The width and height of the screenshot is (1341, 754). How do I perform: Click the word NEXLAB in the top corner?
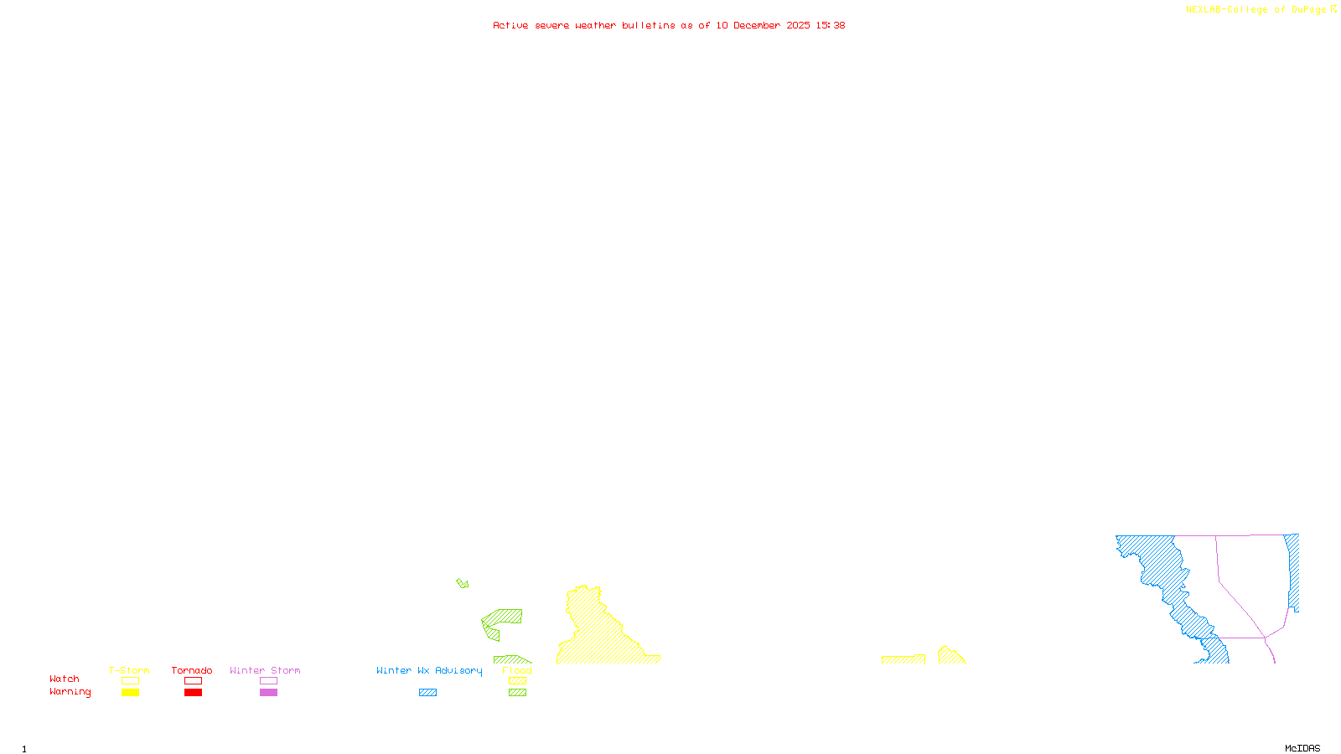click(x=1204, y=10)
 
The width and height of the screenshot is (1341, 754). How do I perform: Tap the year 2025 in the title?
click(x=798, y=26)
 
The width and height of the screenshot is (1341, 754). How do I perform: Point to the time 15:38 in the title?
click(x=831, y=26)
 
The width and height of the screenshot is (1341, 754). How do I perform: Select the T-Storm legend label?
click(x=129, y=670)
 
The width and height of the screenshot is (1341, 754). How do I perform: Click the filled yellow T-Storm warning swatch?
click(x=130, y=693)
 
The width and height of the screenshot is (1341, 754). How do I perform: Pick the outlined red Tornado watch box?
click(x=193, y=681)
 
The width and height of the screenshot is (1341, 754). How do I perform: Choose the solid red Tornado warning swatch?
click(x=193, y=693)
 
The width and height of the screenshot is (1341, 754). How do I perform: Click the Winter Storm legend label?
click(x=265, y=670)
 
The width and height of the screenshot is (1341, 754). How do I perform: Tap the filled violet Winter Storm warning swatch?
click(x=268, y=693)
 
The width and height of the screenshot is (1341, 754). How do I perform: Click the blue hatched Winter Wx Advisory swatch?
click(x=427, y=693)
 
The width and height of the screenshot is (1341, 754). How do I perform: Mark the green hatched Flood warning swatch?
click(x=517, y=693)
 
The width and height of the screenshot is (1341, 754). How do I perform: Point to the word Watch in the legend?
click(x=65, y=679)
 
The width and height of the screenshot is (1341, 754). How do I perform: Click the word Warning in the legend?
click(x=70, y=692)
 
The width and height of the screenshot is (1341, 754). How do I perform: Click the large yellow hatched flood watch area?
click(x=599, y=637)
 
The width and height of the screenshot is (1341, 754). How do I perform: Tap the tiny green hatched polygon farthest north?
click(x=463, y=583)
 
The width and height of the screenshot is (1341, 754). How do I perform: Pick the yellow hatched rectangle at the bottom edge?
click(x=903, y=659)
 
